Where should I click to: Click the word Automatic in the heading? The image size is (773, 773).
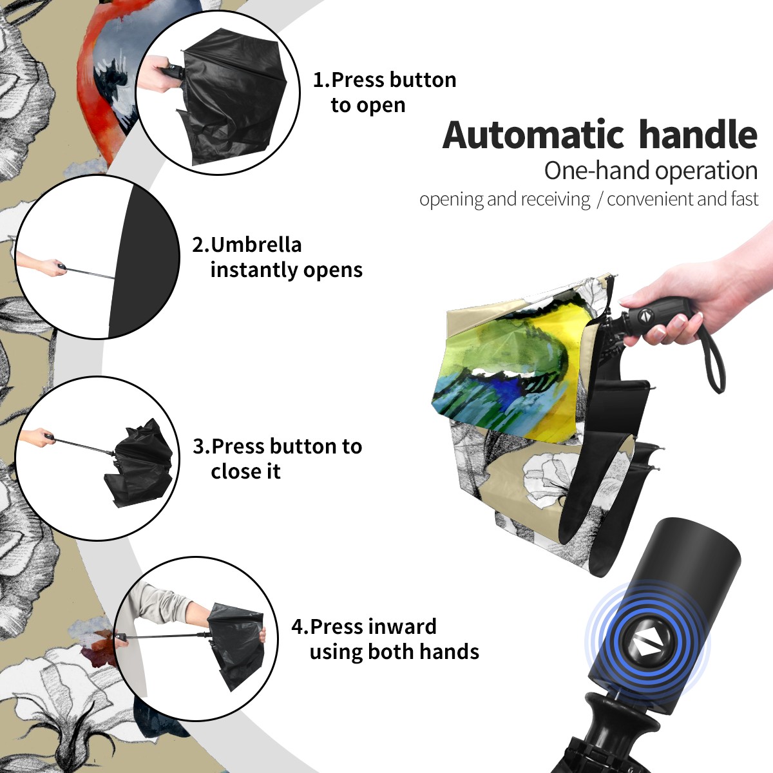(x=533, y=135)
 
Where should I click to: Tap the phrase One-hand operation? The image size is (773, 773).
(x=651, y=171)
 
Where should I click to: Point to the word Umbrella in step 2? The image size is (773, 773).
(x=256, y=245)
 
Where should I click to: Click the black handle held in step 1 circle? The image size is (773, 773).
(x=173, y=72)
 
